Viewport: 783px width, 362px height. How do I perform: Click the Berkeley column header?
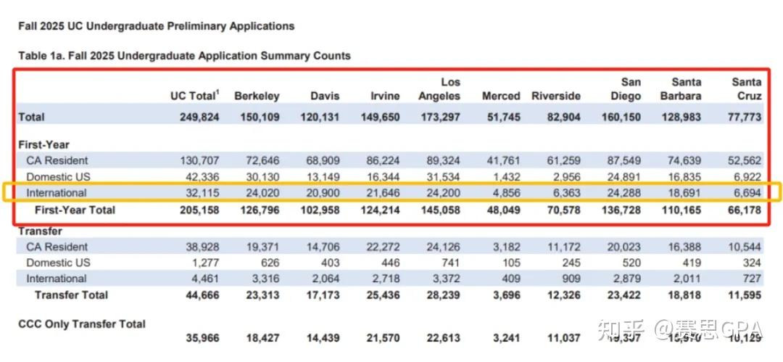[x=257, y=96]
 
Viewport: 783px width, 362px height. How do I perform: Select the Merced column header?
[x=501, y=96]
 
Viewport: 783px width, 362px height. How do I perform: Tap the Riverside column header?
[x=556, y=96]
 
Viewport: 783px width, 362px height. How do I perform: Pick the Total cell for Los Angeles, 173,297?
[x=439, y=117]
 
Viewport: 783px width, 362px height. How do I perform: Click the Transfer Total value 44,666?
[x=199, y=295]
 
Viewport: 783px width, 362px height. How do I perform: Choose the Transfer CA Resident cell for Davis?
[x=320, y=247]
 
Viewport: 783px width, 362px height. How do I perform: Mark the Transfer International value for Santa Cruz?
[x=747, y=279]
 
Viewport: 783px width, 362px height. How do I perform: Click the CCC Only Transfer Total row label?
[x=82, y=324]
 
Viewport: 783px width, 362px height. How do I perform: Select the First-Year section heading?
[x=43, y=144]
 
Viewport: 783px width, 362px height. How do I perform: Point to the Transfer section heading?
[x=40, y=231]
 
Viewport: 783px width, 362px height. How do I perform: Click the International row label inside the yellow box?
[x=57, y=193]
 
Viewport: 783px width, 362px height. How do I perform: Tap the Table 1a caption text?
[x=184, y=55]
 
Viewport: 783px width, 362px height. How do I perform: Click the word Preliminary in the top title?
[x=189, y=26]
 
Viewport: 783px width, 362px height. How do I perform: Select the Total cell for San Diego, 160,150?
[x=621, y=117]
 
